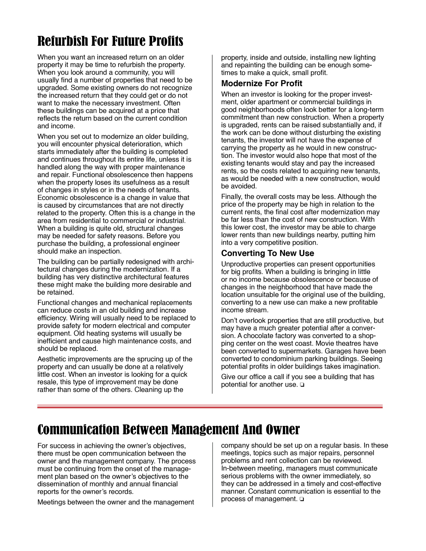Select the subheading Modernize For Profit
point(262,83)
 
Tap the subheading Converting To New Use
point(267,253)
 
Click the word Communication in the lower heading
point(78,430)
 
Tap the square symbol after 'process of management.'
point(302,499)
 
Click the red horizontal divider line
point(210,406)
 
